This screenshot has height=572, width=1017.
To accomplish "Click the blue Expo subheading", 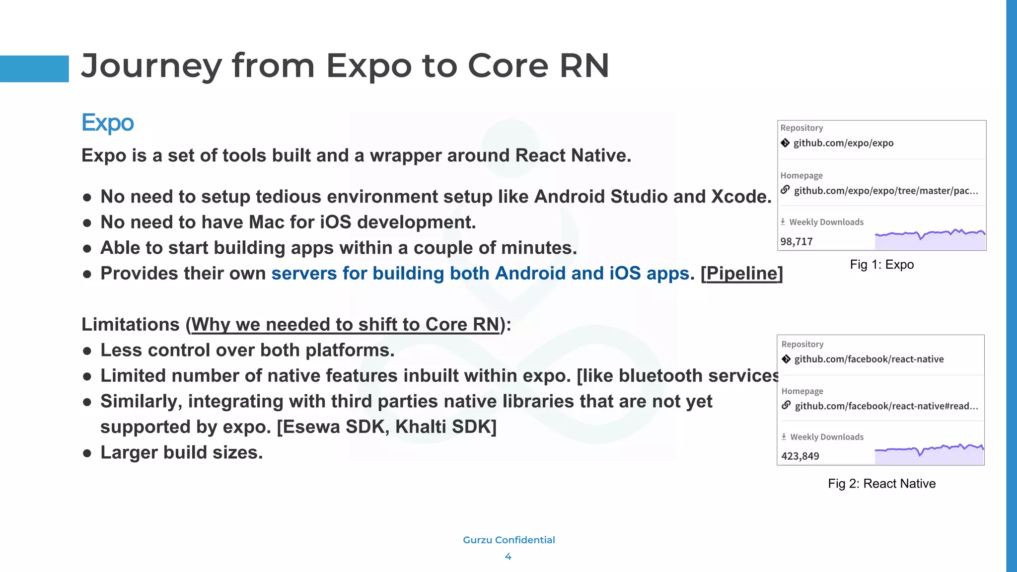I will click(108, 123).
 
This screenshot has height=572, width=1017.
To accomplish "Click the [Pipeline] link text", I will click(741, 274).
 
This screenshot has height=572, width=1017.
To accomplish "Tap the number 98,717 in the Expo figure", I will click(797, 242).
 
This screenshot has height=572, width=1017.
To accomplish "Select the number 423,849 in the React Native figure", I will click(800, 456).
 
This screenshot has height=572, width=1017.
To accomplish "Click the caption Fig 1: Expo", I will click(881, 265).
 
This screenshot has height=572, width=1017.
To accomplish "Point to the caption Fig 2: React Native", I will click(881, 484).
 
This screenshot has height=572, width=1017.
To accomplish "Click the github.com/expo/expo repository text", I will click(843, 143).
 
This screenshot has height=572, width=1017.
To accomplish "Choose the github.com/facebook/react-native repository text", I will click(869, 359).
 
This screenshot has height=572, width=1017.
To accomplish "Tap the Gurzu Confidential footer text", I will click(508, 540).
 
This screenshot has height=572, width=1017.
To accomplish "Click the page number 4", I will click(508, 557).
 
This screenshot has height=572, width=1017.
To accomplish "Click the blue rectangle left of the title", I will click(34, 69).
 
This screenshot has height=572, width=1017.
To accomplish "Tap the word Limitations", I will click(130, 325).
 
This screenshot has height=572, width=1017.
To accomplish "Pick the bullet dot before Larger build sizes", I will click(87, 453).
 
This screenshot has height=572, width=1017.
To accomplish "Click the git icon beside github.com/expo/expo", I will click(785, 143).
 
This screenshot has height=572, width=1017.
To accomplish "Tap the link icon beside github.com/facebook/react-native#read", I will click(786, 406).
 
